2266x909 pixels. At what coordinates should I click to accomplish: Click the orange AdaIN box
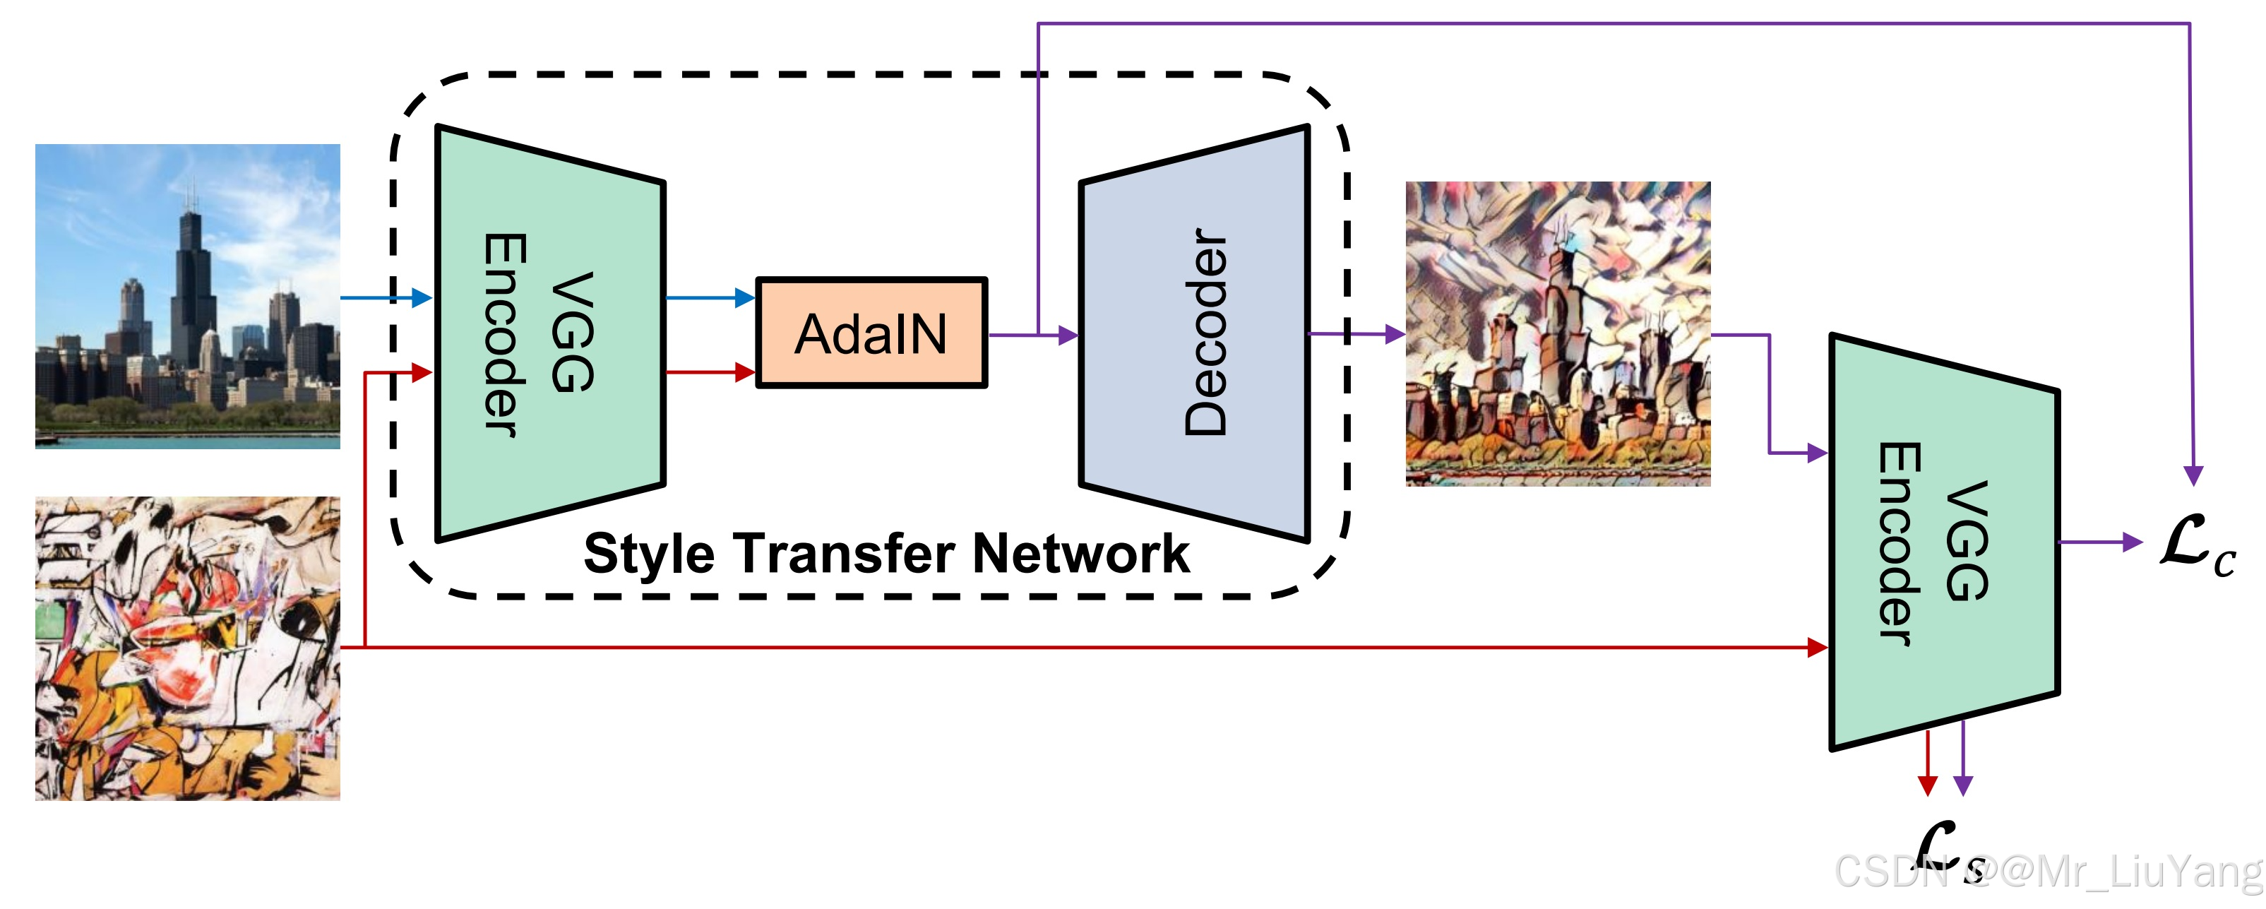[x=871, y=333]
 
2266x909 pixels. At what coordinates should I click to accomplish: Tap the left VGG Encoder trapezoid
[x=550, y=333]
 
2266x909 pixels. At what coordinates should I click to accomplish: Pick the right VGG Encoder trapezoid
[x=1944, y=541]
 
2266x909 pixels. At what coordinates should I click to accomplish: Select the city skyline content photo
[x=187, y=297]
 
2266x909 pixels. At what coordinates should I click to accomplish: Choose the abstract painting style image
[x=187, y=648]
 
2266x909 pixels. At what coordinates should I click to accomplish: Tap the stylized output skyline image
[x=1558, y=333]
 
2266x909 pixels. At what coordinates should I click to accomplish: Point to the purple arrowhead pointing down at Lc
[x=2194, y=475]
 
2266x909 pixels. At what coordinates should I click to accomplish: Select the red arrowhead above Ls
[x=1927, y=785]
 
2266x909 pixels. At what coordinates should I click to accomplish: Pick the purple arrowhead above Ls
[x=1962, y=785]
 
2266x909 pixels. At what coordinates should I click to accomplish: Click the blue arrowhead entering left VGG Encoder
[x=422, y=297]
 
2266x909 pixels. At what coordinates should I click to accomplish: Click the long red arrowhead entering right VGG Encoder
[x=1818, y=648]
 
